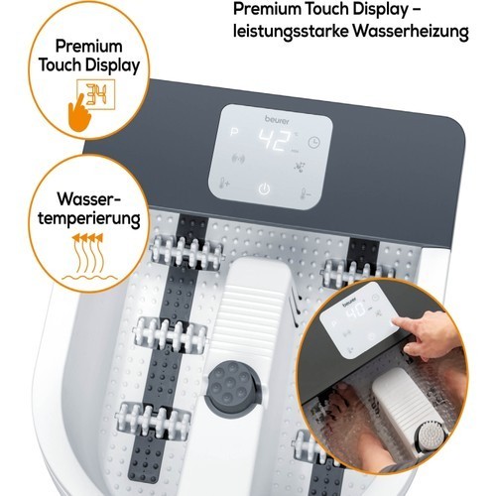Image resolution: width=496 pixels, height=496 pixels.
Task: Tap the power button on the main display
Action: coord(264,189)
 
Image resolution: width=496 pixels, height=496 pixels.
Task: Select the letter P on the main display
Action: coord(234,133)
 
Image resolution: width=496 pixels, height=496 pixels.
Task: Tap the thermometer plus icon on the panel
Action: coord(224,183)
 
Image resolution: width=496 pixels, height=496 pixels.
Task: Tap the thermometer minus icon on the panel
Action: coord(306,193)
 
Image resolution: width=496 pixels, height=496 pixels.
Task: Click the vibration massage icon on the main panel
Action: coord(238,159)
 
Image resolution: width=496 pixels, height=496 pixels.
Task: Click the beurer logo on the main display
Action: coord(277,119)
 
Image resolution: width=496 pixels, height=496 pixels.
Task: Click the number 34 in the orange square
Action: coord(96,95)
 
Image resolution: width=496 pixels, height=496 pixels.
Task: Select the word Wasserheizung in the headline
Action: coord(410,32)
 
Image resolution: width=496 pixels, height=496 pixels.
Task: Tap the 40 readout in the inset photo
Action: coord(356,310)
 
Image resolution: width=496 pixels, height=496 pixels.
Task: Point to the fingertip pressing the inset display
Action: coord(397,321)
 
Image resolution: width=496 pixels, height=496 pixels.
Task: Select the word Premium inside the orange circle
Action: coord(88,46)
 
